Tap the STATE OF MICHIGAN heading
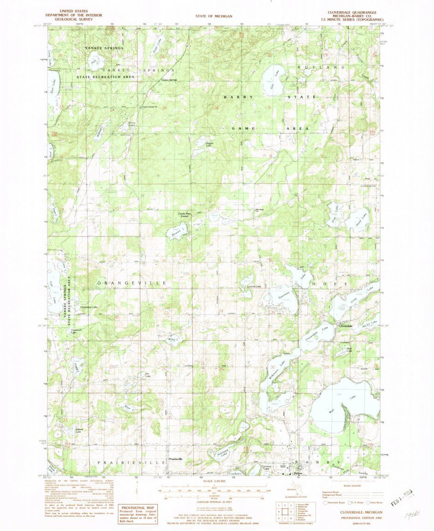tap(216, 17)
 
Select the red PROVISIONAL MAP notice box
tap(137, 513)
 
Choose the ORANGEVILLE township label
tap(131, 282)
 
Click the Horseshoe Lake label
tap(89, 307)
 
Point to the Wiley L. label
tap(173, 339)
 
